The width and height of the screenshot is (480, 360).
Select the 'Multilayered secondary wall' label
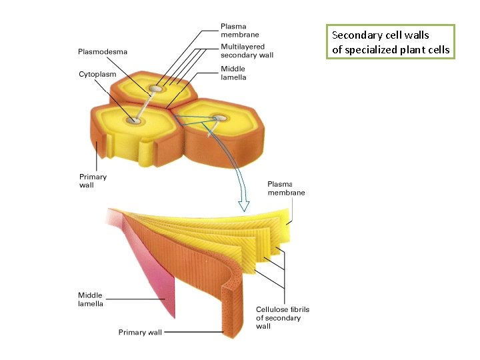pos(243,51)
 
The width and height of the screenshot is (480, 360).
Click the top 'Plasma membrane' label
pos(240,31)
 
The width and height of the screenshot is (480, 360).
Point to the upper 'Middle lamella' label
pos(233,73)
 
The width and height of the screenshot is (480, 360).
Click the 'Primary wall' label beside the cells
pos(93,181)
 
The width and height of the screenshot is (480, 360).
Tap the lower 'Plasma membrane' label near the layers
pos(286,188)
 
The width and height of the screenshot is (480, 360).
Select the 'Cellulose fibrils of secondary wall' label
pos(283,317)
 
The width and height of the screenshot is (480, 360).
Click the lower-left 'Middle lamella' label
pos(91,299)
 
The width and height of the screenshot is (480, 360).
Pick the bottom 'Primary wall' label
pos(140,331)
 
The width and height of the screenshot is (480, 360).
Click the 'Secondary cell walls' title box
pos(389,42)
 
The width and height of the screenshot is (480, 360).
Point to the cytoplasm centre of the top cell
pos(157,89)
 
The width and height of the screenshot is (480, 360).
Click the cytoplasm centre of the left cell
pos(134,121)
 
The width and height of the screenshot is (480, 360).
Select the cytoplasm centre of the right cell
pos(218,119)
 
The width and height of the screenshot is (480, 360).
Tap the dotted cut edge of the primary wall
pos(231,303)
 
